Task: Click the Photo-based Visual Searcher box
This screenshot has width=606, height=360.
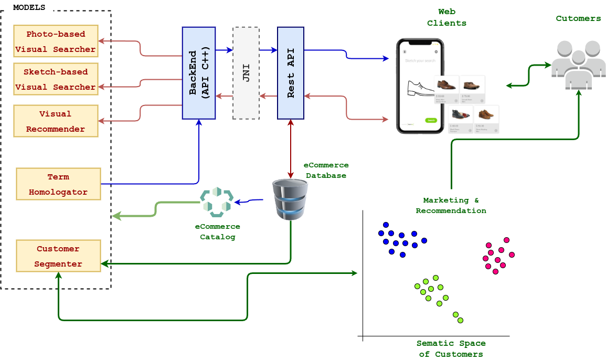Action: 56,41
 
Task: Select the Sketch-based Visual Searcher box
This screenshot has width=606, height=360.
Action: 56,79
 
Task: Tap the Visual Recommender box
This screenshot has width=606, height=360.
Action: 56,121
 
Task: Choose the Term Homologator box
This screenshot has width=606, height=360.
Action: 58,184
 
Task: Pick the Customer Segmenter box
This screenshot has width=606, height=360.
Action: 58,256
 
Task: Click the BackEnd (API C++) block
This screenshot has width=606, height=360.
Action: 199,73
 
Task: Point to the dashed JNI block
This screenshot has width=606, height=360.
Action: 246,73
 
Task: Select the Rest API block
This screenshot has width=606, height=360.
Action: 291,73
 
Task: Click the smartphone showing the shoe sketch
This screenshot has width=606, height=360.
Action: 420,86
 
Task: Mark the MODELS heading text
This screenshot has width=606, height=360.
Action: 29,8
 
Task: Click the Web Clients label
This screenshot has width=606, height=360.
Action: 446,17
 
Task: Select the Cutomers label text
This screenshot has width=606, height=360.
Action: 578,19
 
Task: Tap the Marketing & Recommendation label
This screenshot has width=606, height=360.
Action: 451,205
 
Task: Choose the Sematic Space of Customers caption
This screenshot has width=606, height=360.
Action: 451,348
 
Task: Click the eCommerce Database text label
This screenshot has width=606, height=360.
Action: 326,170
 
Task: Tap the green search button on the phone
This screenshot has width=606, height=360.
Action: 431,120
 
